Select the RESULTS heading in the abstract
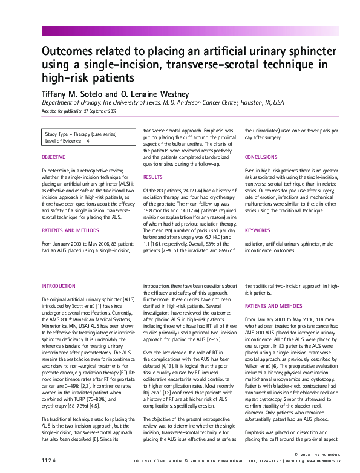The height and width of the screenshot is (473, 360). click(152, 177)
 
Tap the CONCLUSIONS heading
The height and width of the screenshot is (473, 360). click(261, 157)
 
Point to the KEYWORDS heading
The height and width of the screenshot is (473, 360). click(258, 230)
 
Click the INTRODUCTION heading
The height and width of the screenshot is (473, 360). click(59, 285)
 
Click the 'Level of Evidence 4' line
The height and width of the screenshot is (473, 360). click(67, 140)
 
